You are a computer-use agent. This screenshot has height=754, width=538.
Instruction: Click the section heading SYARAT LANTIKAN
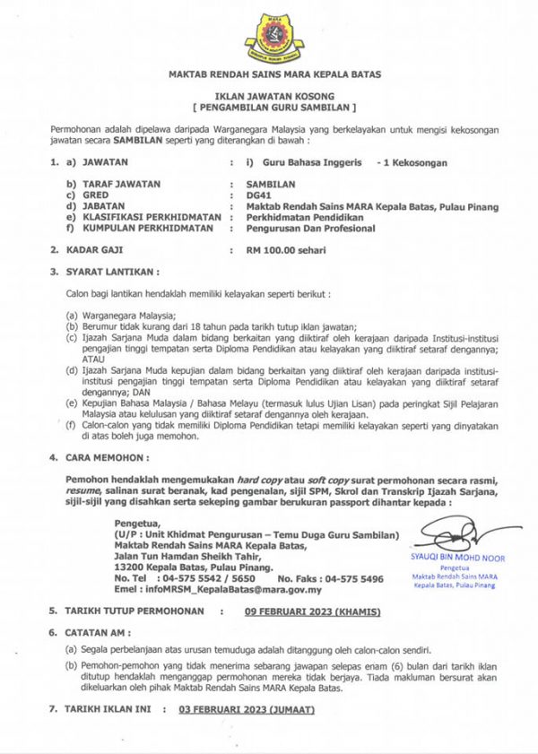(113, 270)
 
